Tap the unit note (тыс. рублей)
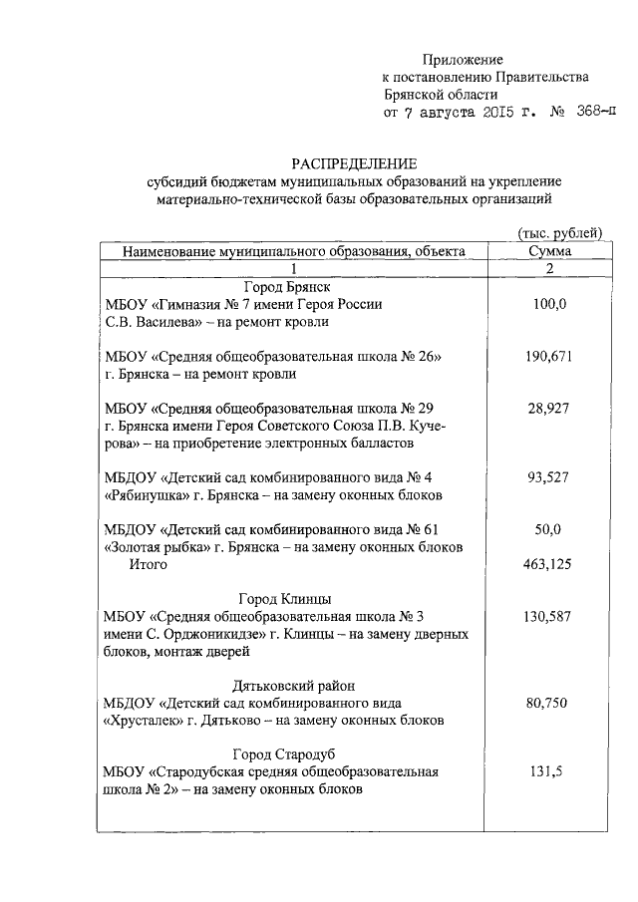click(559, 232)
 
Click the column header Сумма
click(549, 252)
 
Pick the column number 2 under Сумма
click(549, 269)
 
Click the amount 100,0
click(549, 304)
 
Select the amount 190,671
click(549, 357)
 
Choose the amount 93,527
click(549, 477)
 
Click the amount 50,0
click(549, 529)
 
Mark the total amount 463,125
click(549, 565)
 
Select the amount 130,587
click(549, 617)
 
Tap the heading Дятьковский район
click(289, 686)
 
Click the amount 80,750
click(549, 703)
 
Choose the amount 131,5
click(549, 771)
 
